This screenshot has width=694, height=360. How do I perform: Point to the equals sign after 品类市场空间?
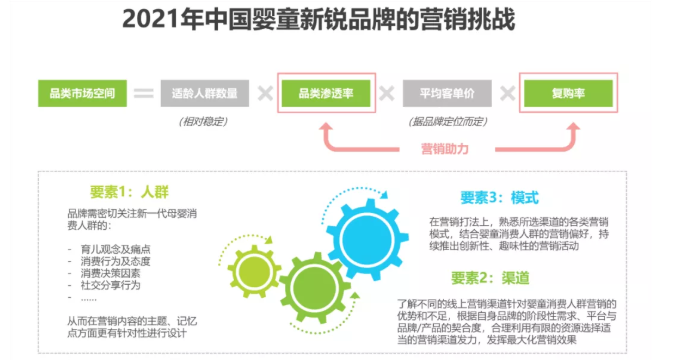(x=144, y=94)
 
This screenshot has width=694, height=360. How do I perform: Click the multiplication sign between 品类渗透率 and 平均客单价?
(x=387, y=94)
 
